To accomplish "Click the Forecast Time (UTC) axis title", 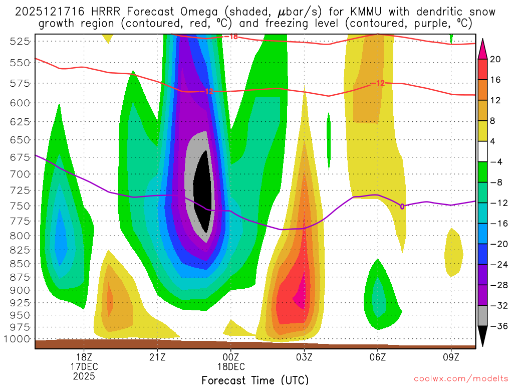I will point(255,380).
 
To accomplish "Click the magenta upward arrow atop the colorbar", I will point(482,48).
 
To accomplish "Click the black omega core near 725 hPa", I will point(203,190).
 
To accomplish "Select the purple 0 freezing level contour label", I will point(402,206).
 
